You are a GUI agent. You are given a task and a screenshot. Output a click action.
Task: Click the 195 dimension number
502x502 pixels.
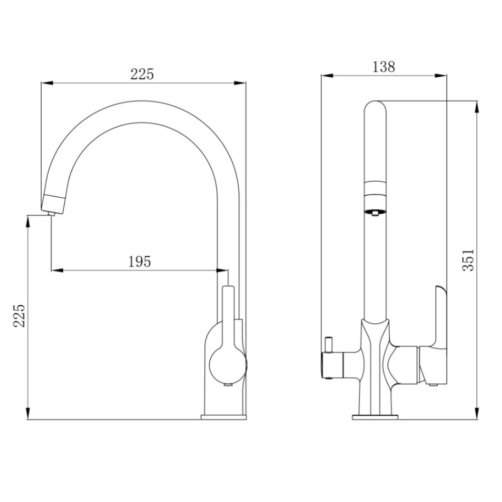(x=140, y=262)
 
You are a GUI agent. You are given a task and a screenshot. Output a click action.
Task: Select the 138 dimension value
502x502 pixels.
(x=384, y=67)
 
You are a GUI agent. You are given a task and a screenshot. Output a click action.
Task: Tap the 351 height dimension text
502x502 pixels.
(x=468, y=260)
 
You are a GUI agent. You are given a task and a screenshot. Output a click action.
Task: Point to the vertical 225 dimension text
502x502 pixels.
(x=19, y=316)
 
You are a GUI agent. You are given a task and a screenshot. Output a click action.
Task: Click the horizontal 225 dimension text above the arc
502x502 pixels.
(x=142, y=74)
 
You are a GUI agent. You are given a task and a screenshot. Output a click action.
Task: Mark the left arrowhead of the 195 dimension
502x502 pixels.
(x=57, y=271)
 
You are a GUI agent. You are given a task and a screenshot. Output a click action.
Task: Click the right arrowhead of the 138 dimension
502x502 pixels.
(x=441, y=76)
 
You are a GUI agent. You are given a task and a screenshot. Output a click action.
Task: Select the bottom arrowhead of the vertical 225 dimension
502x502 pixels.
(x=28, y=413)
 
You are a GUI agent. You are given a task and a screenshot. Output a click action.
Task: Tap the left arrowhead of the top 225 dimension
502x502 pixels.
(x=47, y=83)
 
